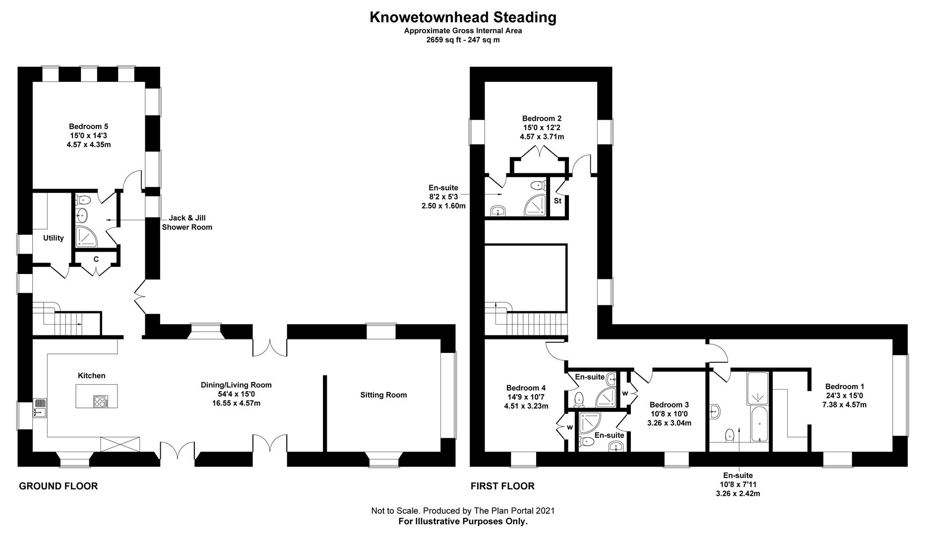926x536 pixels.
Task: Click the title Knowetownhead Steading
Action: click(463, 17)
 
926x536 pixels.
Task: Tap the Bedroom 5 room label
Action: click(89, 127)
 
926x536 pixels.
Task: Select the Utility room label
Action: click(54, 238)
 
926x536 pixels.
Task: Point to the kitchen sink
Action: click(40, 408)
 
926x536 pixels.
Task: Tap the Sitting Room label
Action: click(383, 395)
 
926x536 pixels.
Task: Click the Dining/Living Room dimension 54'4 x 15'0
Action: click(236, 394)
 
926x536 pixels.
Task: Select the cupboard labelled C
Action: click(96, 259)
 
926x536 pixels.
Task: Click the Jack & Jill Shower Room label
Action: click(187, 222)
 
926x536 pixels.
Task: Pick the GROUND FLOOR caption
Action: click(58, 486)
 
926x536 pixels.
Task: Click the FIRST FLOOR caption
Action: click(502, 486)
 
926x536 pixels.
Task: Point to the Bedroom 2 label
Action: click(542, 119)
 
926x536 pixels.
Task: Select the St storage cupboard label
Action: click(557, 201)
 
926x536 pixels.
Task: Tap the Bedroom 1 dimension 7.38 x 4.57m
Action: click(845, 404)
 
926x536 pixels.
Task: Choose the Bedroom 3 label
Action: click(669, 405)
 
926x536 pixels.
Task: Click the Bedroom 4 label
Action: click(526, 388)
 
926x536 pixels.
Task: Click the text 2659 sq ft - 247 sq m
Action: click(463, 40)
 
